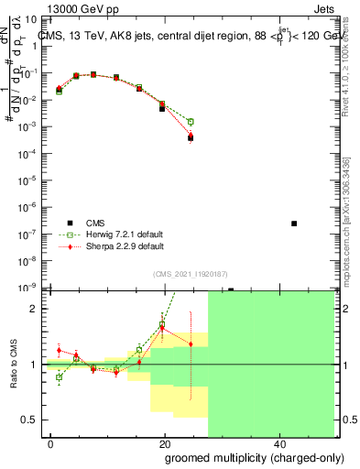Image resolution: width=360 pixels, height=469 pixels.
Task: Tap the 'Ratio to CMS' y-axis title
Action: (14, 364)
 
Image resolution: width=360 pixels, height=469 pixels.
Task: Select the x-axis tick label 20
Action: (165, 444)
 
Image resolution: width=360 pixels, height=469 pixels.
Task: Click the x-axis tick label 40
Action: (278, 444)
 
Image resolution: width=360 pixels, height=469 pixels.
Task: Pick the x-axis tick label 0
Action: (51, 444)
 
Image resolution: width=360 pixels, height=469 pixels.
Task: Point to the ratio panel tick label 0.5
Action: (31, 420)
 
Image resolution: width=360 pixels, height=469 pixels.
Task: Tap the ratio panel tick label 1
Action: (35, 365)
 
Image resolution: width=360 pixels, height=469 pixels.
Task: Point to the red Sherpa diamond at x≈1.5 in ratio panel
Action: (59, 350)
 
